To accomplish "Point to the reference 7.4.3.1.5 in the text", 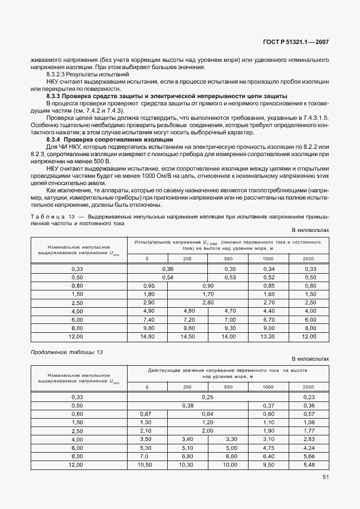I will (316, 118).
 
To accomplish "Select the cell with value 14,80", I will (148, 337).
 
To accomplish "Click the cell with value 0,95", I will (148, 285).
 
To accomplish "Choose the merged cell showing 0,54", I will (168, 277).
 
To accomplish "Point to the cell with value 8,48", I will (308, 464).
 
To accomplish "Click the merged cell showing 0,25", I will (208, 396).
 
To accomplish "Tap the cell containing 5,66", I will (308, 456).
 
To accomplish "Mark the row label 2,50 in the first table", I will (77, 302).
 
